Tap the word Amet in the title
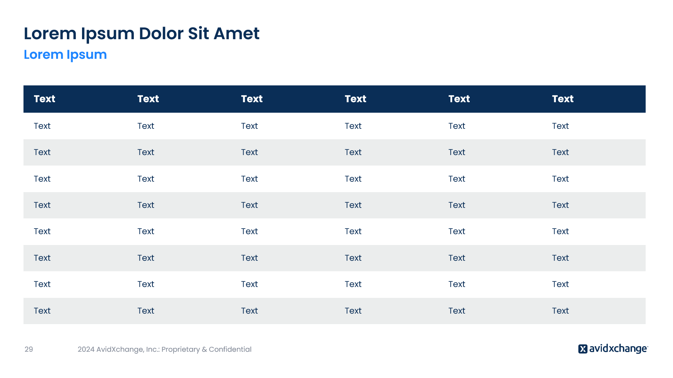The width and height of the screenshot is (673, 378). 237,34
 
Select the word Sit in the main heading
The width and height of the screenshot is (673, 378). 199,34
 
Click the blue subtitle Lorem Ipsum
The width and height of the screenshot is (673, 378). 65,55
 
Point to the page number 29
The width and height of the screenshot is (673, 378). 29,349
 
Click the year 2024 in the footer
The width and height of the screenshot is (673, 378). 86,349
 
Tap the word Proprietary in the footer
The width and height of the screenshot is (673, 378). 181,349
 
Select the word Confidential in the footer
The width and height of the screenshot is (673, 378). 230,349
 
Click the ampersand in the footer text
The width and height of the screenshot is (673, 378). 204,349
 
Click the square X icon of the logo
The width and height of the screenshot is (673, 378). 583,349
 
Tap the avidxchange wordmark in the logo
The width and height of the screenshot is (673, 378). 618,349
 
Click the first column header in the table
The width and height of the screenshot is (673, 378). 45,99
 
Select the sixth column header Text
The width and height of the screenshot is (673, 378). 563,99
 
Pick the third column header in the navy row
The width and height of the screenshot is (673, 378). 252,99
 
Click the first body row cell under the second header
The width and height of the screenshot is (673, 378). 146,126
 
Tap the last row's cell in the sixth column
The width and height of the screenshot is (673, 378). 560,311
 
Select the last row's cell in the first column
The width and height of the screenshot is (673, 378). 42,311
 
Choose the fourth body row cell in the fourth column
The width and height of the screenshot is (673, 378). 353,205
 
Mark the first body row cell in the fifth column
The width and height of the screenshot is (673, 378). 457,126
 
